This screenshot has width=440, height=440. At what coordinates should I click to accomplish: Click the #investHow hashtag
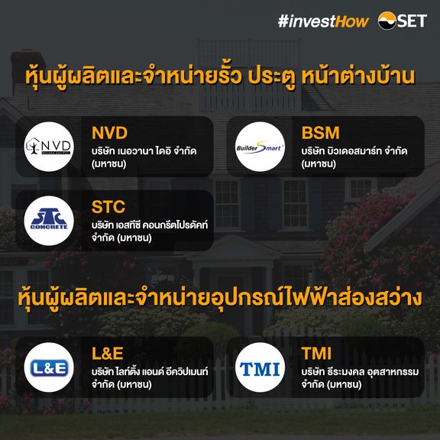323,21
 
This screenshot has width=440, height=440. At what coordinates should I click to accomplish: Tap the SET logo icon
387,21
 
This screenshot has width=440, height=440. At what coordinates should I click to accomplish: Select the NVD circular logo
49,147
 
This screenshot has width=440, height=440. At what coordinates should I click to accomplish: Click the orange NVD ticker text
109,133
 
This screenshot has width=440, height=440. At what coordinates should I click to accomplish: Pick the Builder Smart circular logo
260,147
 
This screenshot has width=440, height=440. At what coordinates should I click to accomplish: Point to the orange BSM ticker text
321,133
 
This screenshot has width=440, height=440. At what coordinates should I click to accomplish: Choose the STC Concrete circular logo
49,221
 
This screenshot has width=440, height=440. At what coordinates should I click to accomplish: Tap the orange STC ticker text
108,207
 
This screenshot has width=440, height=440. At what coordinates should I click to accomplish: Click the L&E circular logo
49,367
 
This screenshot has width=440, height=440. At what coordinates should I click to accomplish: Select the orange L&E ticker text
108,354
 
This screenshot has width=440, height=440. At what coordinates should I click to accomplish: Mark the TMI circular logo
260,367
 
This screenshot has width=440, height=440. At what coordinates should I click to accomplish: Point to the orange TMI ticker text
316,354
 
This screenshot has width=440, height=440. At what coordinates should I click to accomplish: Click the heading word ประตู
272,76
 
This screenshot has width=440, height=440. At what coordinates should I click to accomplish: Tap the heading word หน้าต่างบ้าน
358,75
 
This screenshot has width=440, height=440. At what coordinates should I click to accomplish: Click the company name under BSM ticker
354,157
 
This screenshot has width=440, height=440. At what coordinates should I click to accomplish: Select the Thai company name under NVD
144,157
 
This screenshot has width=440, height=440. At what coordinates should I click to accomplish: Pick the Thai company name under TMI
360,377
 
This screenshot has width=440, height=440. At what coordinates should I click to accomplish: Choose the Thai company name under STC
150,231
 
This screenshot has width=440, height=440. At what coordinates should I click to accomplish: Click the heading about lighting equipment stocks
220,298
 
